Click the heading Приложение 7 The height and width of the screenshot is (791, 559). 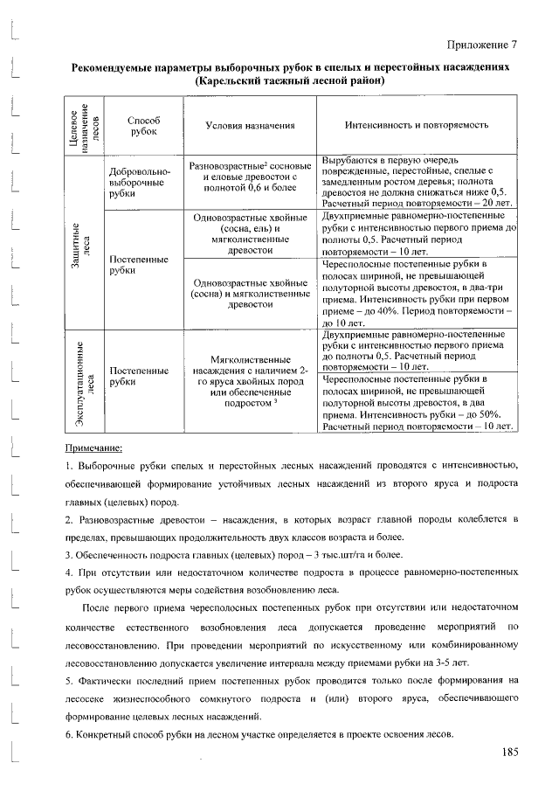pos(482,45)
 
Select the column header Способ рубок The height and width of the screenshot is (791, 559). pos(143,125)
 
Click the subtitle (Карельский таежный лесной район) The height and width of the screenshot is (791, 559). pos(289,80)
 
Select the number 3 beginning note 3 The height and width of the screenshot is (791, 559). pos(68,555)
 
